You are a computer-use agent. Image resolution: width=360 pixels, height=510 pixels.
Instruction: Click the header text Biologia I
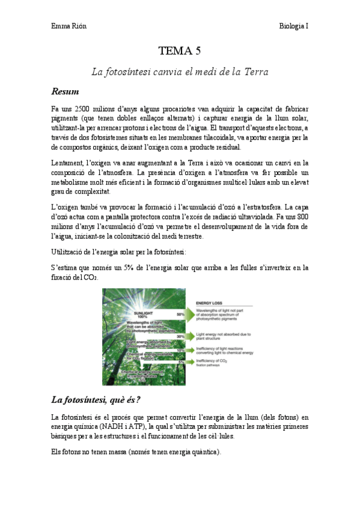pyautogui.click(x=293, y=26)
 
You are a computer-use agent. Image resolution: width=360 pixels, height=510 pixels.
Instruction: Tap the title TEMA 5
pyautogui.click(x=179, y=51)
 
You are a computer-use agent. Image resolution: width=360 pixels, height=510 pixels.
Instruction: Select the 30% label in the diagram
pyautogui.click(x=180, y=337)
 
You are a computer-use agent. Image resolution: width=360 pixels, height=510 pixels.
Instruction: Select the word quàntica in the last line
pyautogui.click(x=203, y=453)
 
